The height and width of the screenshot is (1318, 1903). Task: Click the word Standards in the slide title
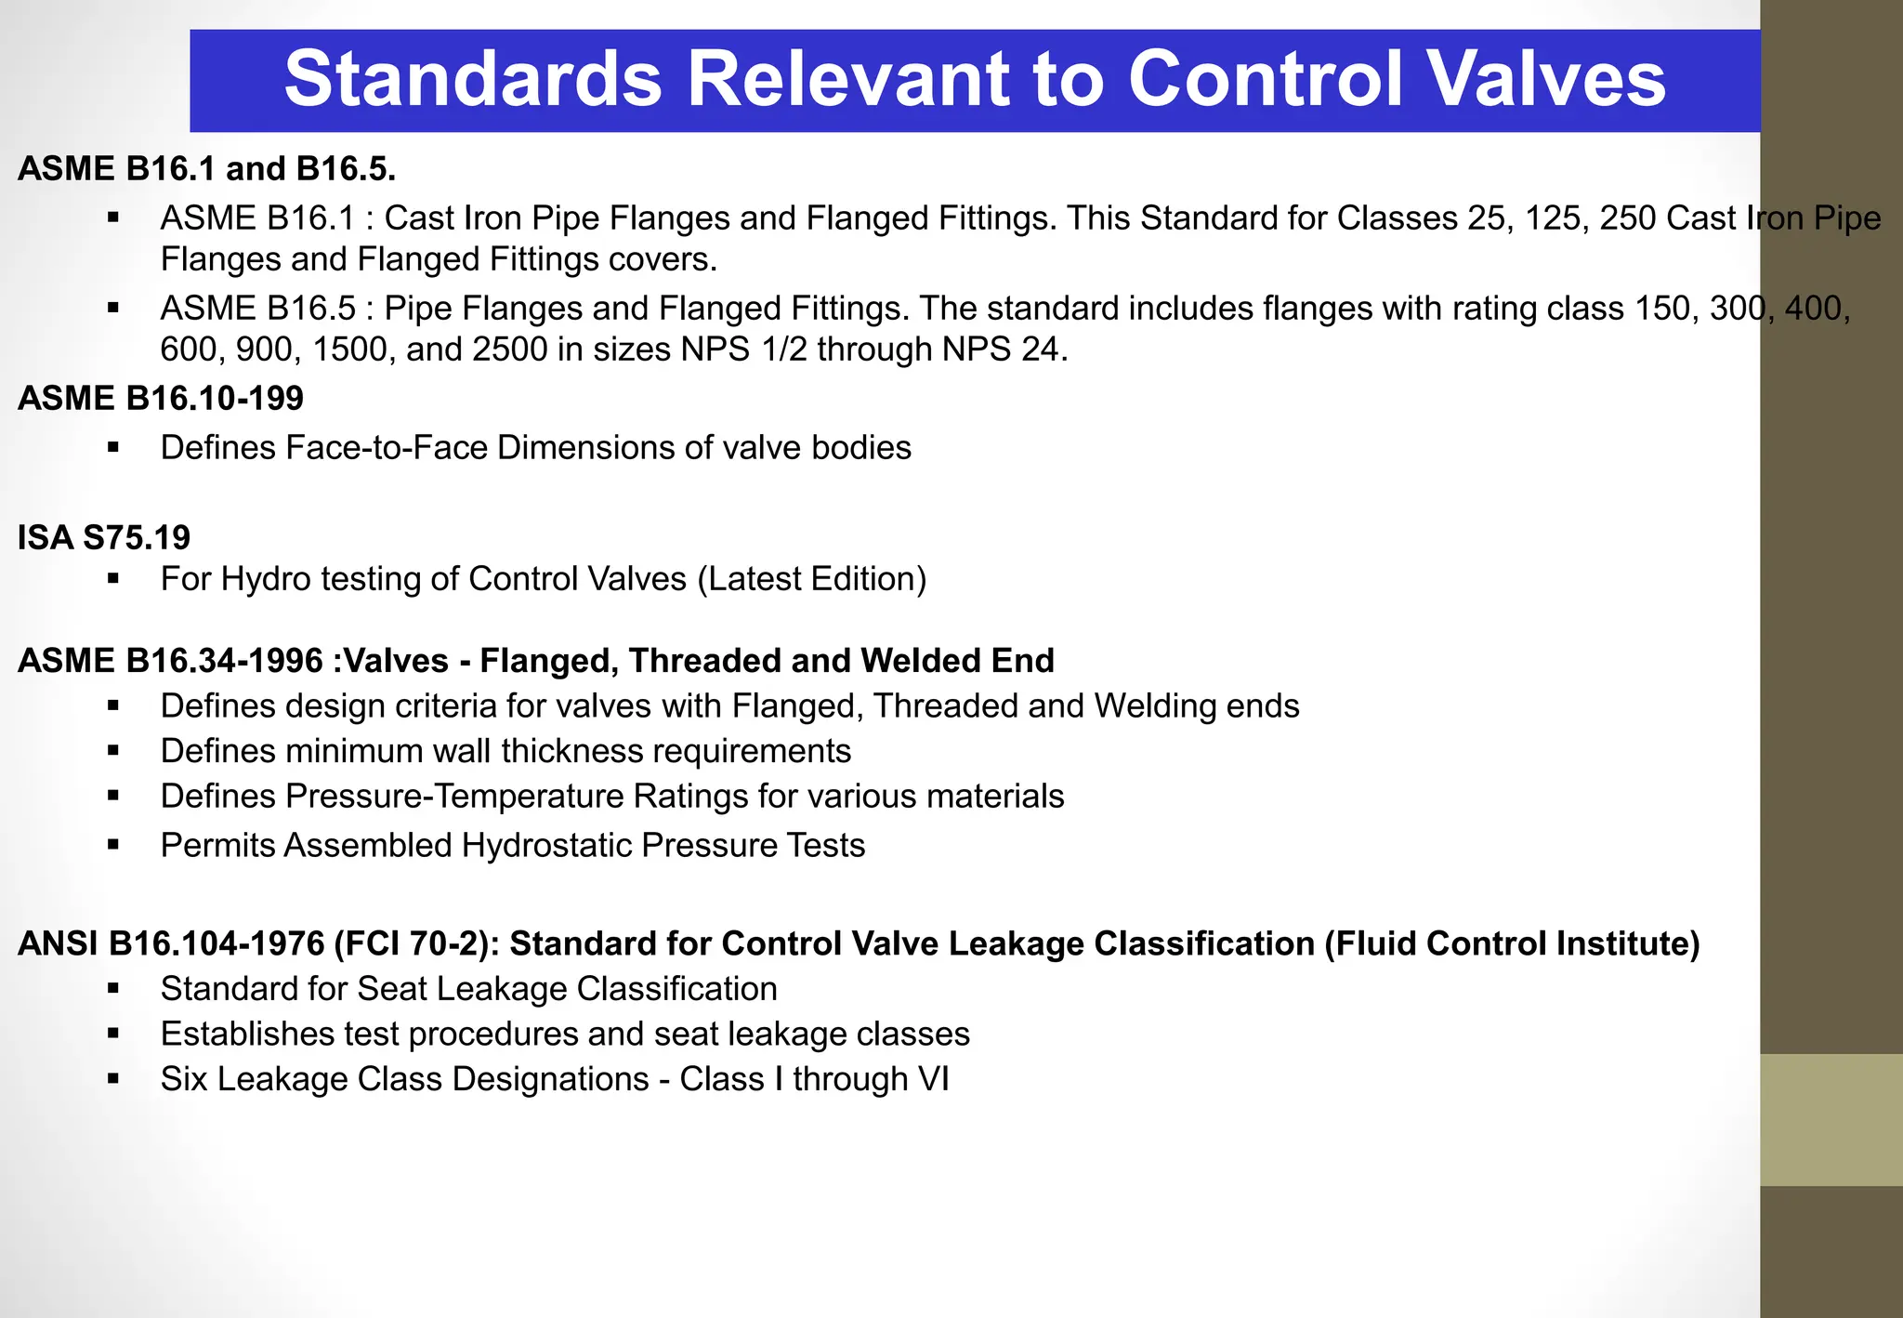(x=473, y=80)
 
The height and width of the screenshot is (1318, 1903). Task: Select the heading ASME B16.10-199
(x=161, y=399)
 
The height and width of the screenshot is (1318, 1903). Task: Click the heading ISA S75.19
(x=104, y=537)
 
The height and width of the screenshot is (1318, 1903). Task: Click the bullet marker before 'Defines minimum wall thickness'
(x=113, y=751)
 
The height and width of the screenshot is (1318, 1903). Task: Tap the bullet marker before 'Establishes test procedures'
(x=113, y=1035)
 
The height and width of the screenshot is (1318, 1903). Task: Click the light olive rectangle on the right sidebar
(x=1831, y=1119)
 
